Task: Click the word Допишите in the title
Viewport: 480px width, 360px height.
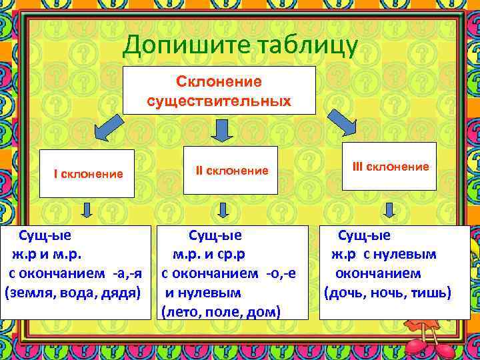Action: [177, 47]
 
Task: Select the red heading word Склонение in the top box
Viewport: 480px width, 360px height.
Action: [219, 81]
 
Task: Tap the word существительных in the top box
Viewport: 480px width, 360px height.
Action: [219, 101]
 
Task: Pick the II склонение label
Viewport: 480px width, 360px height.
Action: [232, 171]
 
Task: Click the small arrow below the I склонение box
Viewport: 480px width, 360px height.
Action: [87, 211]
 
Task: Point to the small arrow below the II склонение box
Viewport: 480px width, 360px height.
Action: [223, 211]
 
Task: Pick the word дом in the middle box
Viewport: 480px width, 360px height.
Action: [264, 311]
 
